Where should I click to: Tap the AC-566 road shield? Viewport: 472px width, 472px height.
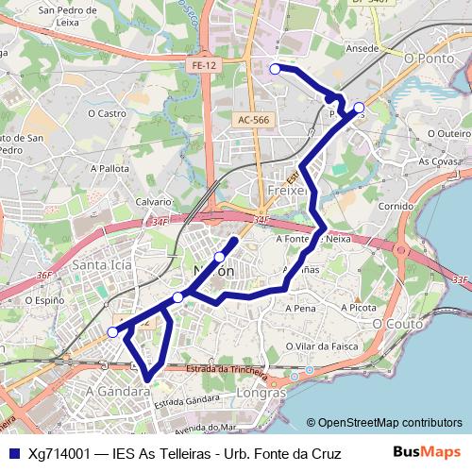point(254,120)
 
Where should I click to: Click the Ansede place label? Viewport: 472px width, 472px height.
point(362,47)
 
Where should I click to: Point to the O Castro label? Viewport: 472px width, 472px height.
point(107,113)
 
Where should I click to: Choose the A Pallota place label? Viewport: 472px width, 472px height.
point(110,168)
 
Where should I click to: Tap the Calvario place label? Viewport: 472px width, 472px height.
point(154,202)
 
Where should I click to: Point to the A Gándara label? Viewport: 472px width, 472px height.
point(118,389)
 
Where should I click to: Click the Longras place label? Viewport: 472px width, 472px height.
point(263,392)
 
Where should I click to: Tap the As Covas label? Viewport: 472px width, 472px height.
point(439,161)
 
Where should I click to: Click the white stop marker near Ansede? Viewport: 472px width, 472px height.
point(276,68)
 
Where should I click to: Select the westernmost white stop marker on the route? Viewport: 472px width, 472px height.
point(113,331)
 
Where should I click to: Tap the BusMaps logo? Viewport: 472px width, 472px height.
point(428,452)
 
